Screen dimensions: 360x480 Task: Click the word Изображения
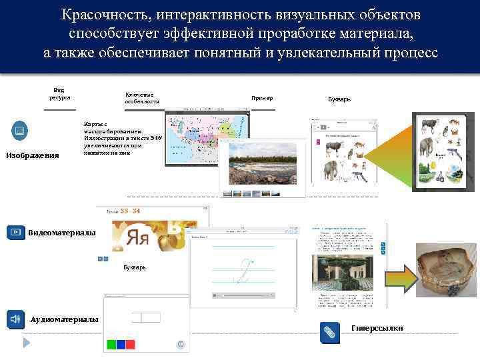coord(32,155)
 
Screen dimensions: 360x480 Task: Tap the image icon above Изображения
coord(19,130)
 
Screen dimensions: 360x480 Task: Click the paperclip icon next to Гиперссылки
coord(328,331)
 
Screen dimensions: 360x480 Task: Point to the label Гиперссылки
coord(377,327)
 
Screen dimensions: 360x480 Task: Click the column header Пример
coord(262,99)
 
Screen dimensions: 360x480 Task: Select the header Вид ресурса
coord(59,94)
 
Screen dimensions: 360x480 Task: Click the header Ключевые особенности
coord(142,98)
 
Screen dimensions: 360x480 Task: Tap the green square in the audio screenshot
coord(111,345)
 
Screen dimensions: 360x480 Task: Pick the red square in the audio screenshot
coord(131,345)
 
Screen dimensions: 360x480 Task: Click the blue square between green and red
coord(121,345)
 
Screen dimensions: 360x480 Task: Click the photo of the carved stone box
coord(446,269)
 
